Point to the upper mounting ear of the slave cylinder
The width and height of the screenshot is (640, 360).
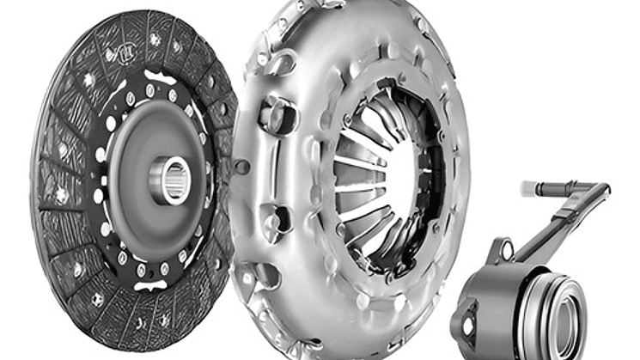(x=502, y=251)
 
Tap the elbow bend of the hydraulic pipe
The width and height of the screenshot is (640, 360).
(x=598, y=194)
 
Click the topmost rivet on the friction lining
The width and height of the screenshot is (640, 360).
(x=155, y=39)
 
